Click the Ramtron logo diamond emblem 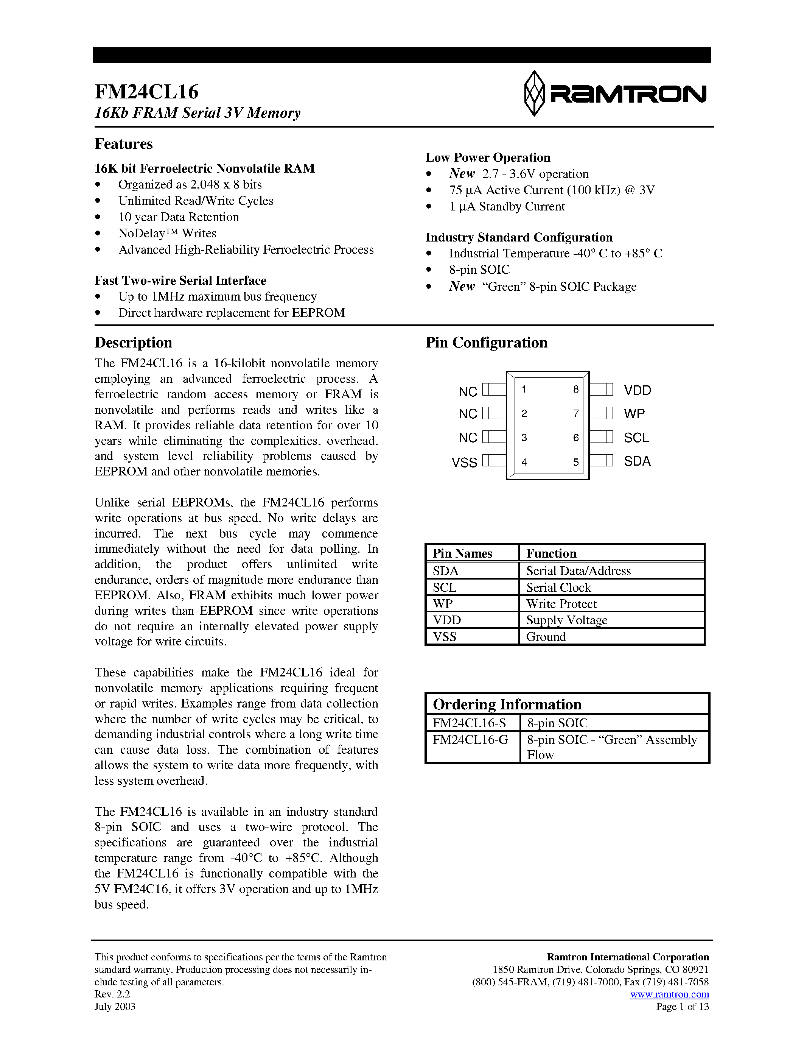pyautogui.click(x=534, y=94)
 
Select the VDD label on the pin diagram pyautogui.click(x=637, y=390)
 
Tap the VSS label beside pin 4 pyautogui.click(x=464, y=462)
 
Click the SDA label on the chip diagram pyautogui.click(x=637, y=461)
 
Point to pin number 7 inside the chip pyautogui.click(x=576, y=413)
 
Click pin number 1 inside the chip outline pyautogui.click(x=524, y=390)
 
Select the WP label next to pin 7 pyautogui.click(x=634, y=414)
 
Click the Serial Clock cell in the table pyautogui.click(x=558, y=587)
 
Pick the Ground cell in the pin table pyautogui.click(x=546, y=637)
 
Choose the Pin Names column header pyautogui.click(x=462, y=553)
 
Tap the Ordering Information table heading pyautogui.click(x=507, y=704)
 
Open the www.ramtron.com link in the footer pyautogui.click(x=669, y=994)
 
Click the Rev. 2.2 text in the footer pyautogui.click(x=112, y=994)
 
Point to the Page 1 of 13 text pyautogui.click(x=682, y=1007)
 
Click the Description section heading pyautogui.click(x=133, y=343)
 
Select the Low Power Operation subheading pyautogui.click(x=488, y=158)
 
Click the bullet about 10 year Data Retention pyautogui.click(x=179, y=217)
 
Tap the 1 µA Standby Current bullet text pyautogui.click(x=507, y=206)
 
